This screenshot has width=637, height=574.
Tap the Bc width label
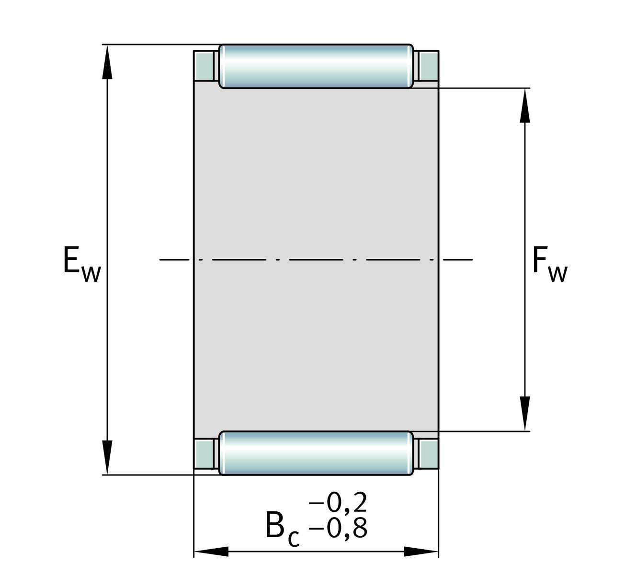coord(283,529)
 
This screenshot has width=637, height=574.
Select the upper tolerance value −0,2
coord(338,503)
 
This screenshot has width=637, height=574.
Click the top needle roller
coord(316,66)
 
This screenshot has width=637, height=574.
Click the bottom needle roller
coord(316,453)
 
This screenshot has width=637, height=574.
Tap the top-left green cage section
coord(204,66)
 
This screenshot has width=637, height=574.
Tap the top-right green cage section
coord(429,66)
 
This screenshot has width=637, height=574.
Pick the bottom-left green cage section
coord(204,454)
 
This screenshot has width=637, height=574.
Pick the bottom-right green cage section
coord(429,454)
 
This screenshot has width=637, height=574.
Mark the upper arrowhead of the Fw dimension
coord(525,105)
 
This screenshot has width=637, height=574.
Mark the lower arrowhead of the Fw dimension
coord(525,414)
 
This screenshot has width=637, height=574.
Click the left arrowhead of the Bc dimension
coord(211,552)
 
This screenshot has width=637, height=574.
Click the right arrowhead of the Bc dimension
coord(421,552)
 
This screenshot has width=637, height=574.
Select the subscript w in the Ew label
coord(91,274)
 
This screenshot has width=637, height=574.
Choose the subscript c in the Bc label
coord(294,539)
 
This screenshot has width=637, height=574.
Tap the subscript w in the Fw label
coord(558,274)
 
